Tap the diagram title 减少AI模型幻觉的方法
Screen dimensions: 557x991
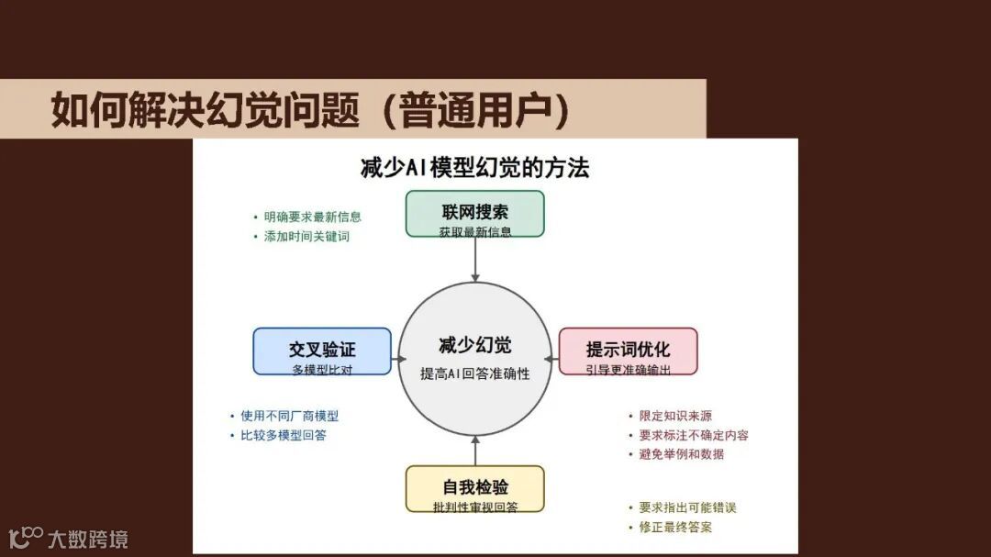(x=474, y=168)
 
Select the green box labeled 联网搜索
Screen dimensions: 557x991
(x=474, y=214)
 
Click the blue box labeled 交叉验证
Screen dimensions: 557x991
(x=322, y=351)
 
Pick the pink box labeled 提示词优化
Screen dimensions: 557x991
(x=628, y=351)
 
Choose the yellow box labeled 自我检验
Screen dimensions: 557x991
(x=474, y=489)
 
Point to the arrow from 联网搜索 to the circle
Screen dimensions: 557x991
(x=474, y=260)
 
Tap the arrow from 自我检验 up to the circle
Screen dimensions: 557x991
(x=474, y=451)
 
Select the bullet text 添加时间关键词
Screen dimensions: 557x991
(x=306, y=237)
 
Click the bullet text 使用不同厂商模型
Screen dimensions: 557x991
(x=289, y=416)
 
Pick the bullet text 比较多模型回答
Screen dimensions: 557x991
(x=283, y=435)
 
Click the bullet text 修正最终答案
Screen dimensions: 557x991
(x=675, y=527)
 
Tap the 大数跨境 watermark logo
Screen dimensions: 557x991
(x=68, y=538)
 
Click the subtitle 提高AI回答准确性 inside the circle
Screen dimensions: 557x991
(x=474, y=374)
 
